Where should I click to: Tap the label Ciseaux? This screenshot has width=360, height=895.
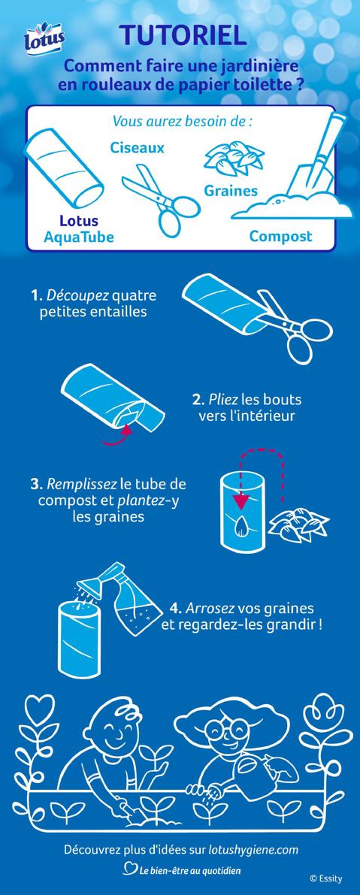pyautogui.click(x=138, y=147)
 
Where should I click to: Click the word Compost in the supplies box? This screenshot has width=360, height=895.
pyautogui.click(x=280, y=236)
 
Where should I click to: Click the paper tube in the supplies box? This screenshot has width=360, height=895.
pyautogui.click(x=63, y=168)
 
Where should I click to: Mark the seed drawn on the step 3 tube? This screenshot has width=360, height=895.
pyautogui.click(x=243, y=526)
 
